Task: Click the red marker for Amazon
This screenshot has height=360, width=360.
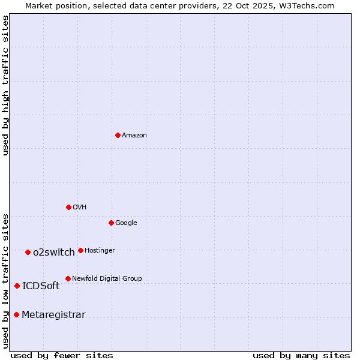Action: point(118,135)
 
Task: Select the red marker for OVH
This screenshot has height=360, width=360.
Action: point(68,207)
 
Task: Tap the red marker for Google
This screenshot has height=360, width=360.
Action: point(111,223)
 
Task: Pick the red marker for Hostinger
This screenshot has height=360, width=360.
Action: point(80,250)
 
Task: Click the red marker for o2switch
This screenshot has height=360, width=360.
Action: point(28,252)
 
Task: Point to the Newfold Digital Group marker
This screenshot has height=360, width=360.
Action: point(68,278)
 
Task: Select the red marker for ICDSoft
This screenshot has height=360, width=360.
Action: point(17,286)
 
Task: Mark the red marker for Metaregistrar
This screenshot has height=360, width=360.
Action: point(16,314)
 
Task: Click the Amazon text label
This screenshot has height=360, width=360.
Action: point(134,136)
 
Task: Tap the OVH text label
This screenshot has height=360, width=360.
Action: point(80,208)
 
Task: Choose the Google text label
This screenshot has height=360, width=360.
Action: point(126,223)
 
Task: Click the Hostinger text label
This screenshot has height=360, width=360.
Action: point(100,251)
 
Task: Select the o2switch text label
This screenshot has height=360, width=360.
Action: point(54,253)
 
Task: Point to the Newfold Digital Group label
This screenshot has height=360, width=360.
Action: point(107,279)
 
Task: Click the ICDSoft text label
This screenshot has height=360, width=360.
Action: point(41,286)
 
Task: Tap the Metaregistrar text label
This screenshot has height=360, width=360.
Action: point(53,315)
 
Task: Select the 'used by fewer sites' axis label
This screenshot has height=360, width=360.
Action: point(62,355)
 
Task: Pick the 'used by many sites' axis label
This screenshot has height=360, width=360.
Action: point(301,355)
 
